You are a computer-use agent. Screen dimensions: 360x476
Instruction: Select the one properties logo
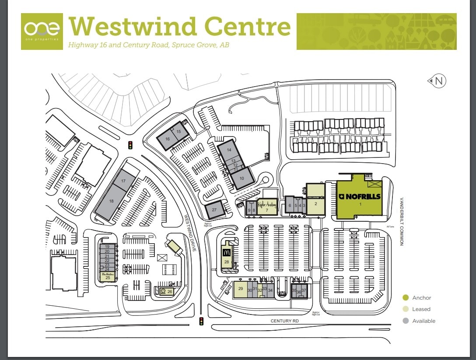(x=42, y=31)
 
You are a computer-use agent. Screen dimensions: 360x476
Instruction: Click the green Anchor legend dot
(x=406, y=297)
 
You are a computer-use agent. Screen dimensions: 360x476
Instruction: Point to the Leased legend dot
(x=406, y=309)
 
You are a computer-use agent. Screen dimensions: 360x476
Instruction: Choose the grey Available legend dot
(x=406, y=321)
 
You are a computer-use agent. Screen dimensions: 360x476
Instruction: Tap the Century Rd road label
(x=284, y=321)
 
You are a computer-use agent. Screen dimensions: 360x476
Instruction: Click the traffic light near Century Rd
(x=202, y=322)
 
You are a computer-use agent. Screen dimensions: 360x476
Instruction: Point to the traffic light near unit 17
(x=130, y=145)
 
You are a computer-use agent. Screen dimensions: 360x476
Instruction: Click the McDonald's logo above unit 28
(x=227, y=252)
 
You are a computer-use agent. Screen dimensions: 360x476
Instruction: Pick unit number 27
(x=214, y=210)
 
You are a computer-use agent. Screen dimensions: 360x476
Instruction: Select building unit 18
(x=111, y=201)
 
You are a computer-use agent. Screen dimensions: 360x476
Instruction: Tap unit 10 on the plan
(x=241, y=178)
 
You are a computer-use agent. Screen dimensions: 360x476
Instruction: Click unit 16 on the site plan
(x=168, y=139)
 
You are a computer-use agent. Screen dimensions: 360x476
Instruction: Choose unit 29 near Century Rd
(x=240, y=289)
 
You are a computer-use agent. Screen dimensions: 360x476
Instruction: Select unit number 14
(x=228, y=150)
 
